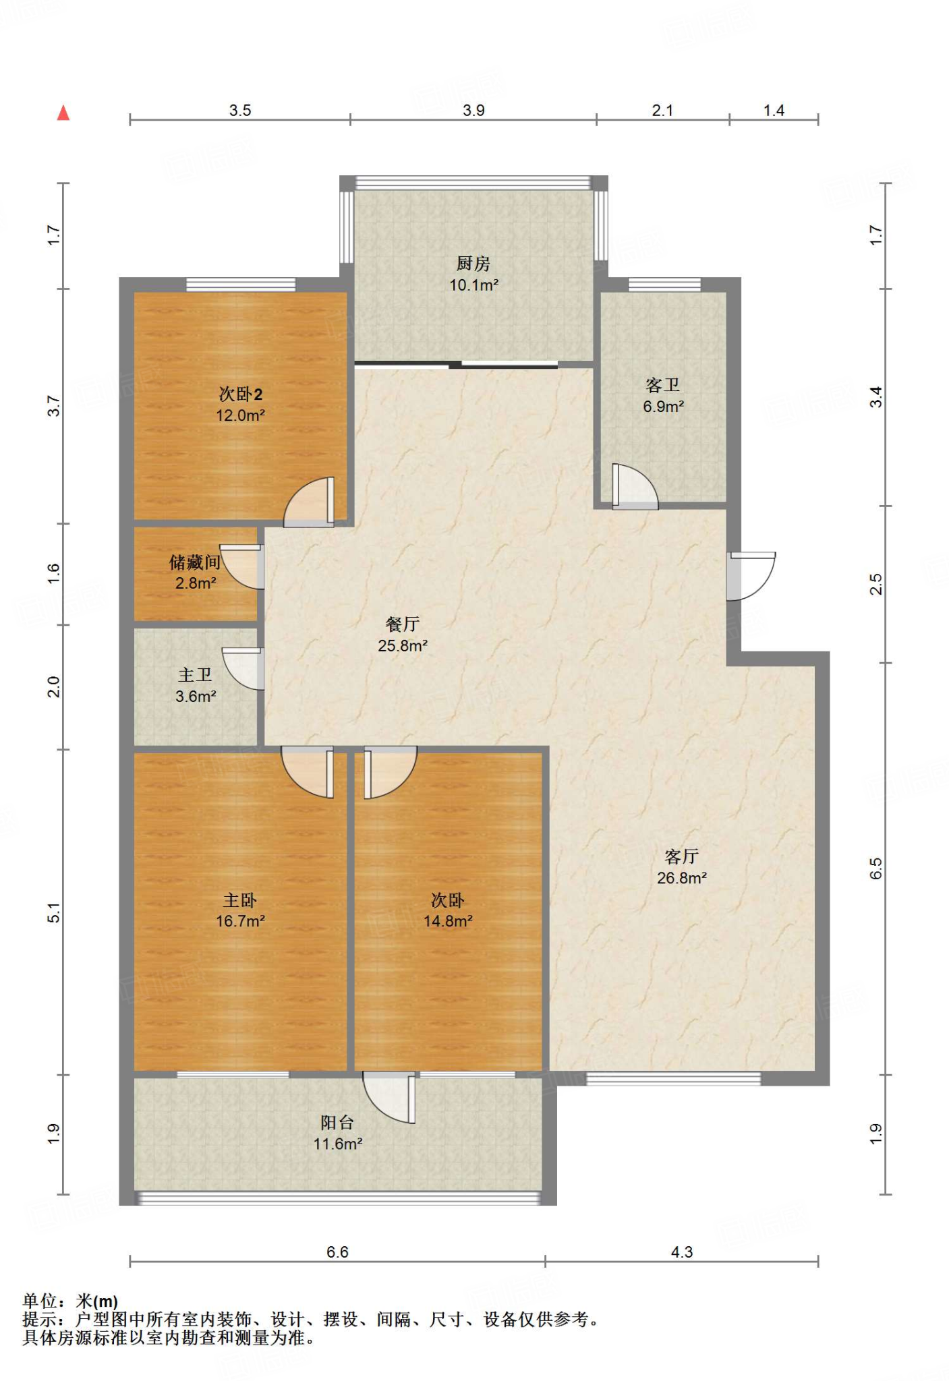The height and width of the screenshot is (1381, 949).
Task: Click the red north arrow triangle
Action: click(63, 113)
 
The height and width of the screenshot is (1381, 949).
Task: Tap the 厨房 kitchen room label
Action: click(473, 263)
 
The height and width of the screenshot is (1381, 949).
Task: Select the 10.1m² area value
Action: click(473, 285)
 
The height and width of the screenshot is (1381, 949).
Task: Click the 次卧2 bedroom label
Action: click(240, 394)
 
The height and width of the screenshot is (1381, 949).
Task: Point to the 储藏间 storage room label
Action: click(195, 562)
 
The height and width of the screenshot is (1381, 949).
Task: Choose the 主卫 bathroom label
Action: click(195, 674)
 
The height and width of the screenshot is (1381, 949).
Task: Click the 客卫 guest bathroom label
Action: click(663, 385)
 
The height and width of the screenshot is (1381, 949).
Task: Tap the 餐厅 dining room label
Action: click(403, 624)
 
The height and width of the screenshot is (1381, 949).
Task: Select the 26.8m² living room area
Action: click(682, 878)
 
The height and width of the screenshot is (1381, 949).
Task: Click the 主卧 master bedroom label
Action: click(240, 900)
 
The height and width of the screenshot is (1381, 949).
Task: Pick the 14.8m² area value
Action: click(448, 921)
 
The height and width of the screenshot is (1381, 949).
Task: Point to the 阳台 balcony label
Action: click(337, 1122)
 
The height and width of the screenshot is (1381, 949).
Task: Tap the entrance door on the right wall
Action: click(750, 576)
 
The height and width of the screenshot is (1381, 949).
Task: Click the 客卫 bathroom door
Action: click(635, 486)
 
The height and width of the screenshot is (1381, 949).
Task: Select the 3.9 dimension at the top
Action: click(473, 111)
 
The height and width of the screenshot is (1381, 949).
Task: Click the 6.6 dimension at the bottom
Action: click(337, 1252)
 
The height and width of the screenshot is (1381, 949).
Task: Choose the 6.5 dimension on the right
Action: click(875, 869)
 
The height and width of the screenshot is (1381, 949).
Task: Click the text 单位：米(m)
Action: click(70, 1301)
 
